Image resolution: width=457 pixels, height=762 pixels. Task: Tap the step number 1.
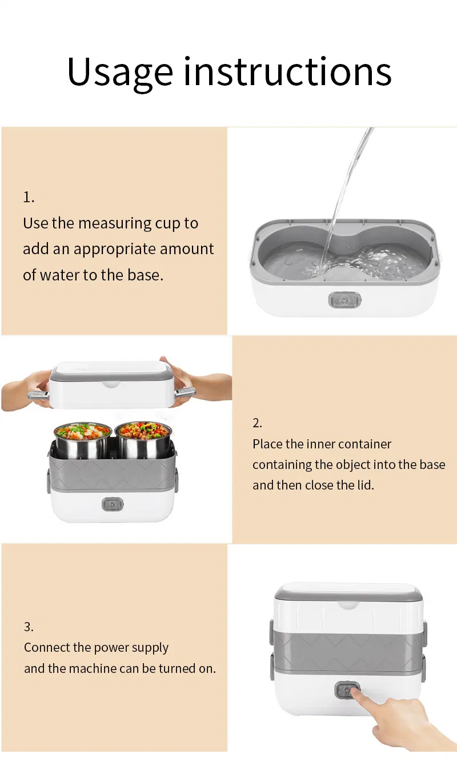29,197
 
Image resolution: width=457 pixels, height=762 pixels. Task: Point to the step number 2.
257,423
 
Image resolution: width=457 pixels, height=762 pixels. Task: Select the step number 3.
29,627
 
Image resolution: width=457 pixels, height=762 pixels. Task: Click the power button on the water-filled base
344,300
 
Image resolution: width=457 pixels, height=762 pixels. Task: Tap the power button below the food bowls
113,504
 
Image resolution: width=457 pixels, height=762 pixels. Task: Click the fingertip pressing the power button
355,691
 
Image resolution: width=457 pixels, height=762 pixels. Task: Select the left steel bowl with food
83,440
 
